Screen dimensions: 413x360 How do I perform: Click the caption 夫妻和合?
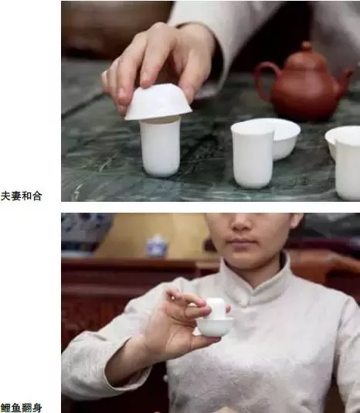[x=21, y=196]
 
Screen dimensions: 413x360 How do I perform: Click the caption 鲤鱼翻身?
[x=21, y=406]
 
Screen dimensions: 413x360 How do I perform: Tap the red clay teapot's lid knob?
[x=306, y=46]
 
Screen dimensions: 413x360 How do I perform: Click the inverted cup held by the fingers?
[x=158, y=102]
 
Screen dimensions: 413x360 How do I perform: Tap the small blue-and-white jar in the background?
[x=157, y=246]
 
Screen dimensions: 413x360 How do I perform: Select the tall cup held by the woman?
[x=216, y=308]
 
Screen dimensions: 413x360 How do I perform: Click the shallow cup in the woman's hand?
[x=215, y=326]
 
